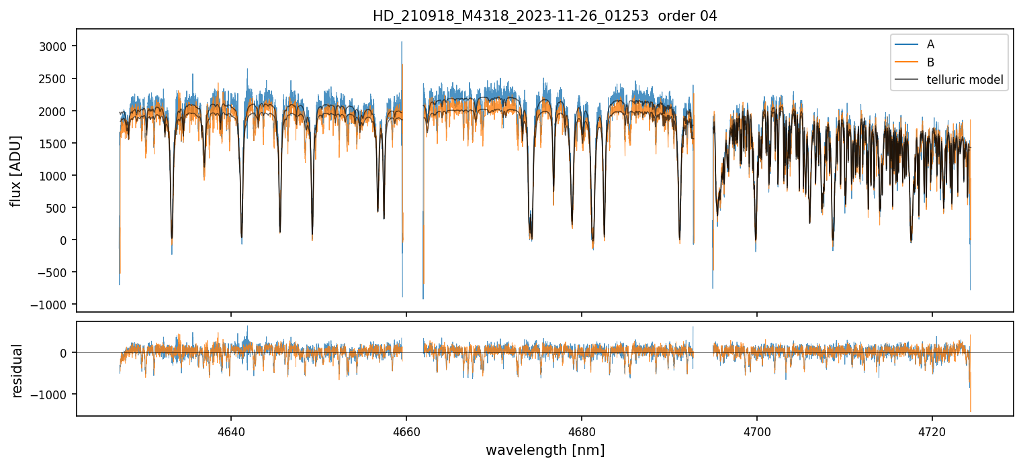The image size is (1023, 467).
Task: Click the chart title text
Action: pyautogui.click(x=545, y=16)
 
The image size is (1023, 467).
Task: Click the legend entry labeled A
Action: pyautogui.click(x=930, y=45)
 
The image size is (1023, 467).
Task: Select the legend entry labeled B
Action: pyautogui.click(x=930, y=62)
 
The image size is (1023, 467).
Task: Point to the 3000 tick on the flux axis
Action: pyautogui.click(x=58, y=46)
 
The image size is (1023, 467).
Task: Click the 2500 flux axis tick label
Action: pyautogui.click(x=58, y=79)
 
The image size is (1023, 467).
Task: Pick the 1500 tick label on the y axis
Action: pyautogui.click(x=58, y=143)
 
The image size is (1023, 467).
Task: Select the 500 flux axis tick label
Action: pyautogui.click(x=60, y=207)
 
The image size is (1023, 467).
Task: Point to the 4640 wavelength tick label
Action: pyautogui.click(x=231, y=429)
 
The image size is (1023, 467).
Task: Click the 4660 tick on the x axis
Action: pyautogui.click(x=406, y=429)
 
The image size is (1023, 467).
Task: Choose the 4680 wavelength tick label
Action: pyautogui.click(x=582, y=429)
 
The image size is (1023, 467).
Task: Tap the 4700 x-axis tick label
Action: pyautogui.click(x=757, y=429)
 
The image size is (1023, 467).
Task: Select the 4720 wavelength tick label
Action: pyautogui.click(x=932, y=429)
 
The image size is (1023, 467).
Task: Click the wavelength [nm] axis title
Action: pyautogui.click(x=545, y=450)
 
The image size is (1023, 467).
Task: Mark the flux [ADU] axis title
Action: pyautogui.click(x=16, y=170)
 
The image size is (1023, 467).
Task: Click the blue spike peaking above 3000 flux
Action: pyautogui.click(x=402, y=43)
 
